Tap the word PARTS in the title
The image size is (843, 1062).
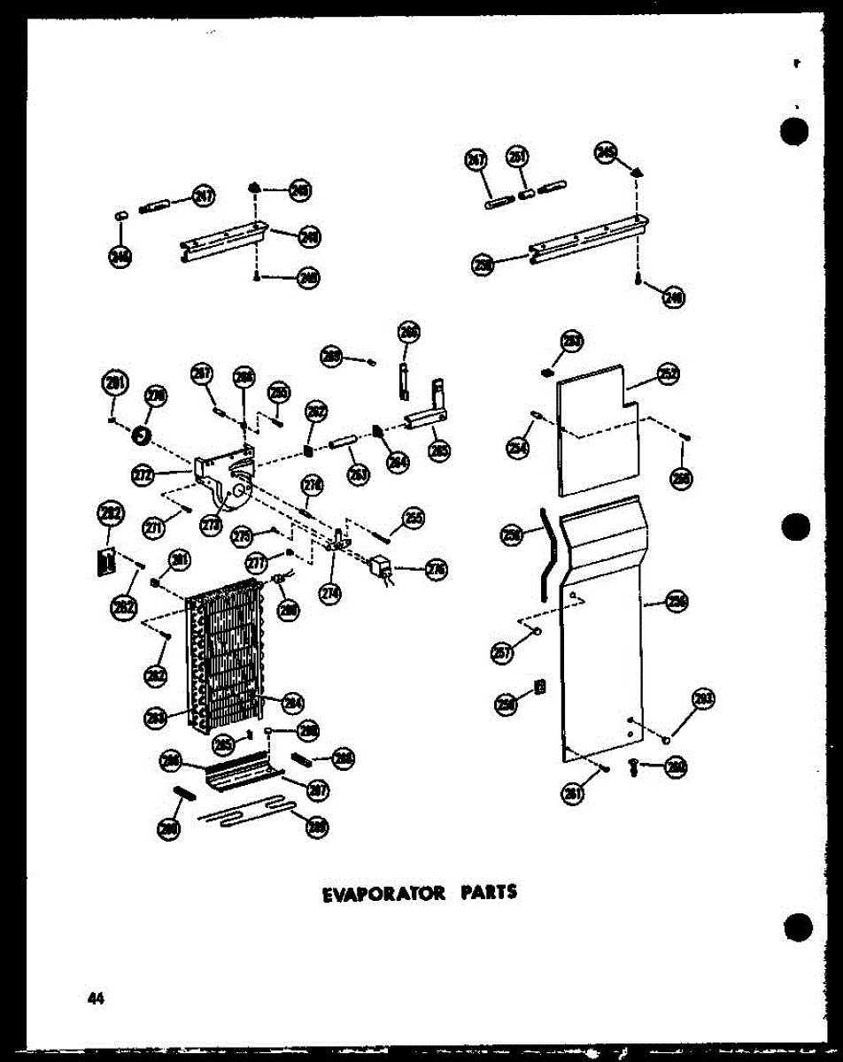pyautogui.click(x=488, y=892)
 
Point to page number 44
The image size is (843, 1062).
pyautogui.click(x=95, y=998)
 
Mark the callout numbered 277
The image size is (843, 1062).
pyautogui.click(x=257, y=563)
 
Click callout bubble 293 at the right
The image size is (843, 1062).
pyautogui.click(x=703, y=701)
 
